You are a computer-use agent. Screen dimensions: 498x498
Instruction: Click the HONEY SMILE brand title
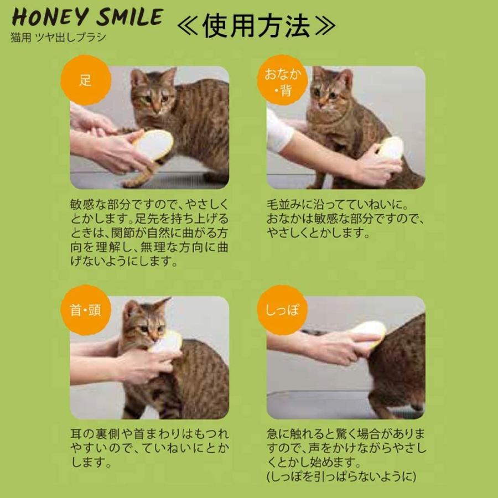coord(87,18)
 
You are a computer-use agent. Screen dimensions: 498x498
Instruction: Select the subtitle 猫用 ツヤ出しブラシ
coord(58,38)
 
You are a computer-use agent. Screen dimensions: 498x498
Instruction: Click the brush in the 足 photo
coord(153,145)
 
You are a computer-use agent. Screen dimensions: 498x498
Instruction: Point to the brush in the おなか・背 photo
coord(391,148)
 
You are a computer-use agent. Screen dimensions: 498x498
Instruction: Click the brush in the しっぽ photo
coord(369,332)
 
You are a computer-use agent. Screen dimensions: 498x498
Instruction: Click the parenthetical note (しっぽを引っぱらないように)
coord(340,476)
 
